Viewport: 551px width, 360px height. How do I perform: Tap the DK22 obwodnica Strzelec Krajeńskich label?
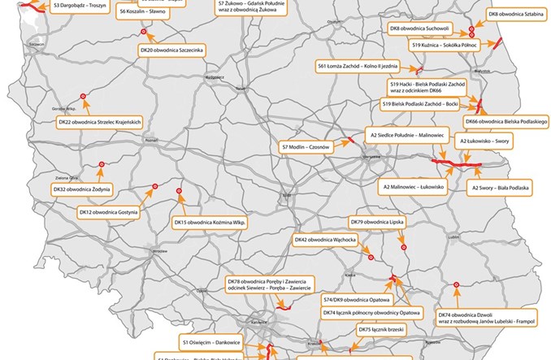coord(101,122)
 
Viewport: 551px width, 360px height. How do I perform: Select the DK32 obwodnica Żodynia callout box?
coord(81,189)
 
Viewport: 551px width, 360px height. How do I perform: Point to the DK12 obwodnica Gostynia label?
coord(111,212)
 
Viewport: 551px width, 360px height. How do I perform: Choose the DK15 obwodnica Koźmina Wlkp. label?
coord(209,222)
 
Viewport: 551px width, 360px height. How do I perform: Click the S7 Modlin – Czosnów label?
coord(305,146)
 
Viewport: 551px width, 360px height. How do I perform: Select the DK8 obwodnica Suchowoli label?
coord(419,28)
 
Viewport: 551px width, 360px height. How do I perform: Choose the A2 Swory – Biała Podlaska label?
coord(500,188)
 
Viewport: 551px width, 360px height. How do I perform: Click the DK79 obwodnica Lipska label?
coord(377,221)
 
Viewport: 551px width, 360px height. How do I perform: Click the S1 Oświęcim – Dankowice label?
coord(206,344)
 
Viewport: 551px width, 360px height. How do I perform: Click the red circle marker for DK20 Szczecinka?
coord(143,31)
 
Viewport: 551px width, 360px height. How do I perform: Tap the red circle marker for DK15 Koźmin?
coord(179,192)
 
